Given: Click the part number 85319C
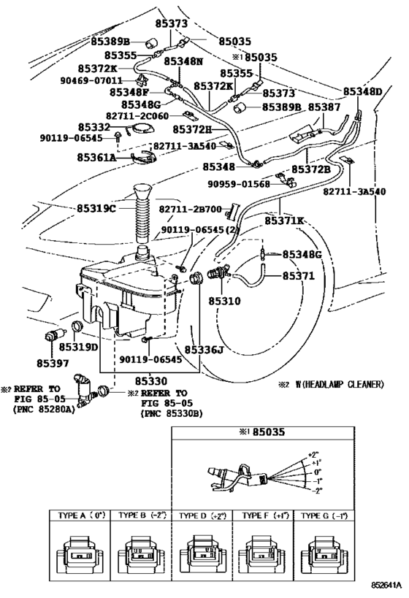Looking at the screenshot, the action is (96, 209).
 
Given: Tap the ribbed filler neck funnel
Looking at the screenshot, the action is (142, 213).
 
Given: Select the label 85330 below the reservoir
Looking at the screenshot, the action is (151, 381).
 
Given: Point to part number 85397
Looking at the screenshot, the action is (53, 364).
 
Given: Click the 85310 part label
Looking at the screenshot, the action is (224, 301).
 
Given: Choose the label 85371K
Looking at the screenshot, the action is (284, 221).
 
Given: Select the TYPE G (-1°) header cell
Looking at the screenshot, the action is (324, 515).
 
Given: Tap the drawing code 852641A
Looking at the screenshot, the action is (387, 585).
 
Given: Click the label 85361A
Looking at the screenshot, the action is (96, 157).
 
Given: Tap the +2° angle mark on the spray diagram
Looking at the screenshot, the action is (313, 455).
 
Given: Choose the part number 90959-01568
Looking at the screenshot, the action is (239, 184).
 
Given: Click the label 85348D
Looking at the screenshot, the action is (362, 91).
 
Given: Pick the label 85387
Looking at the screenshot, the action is (324, 107).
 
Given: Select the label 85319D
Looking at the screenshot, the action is (79, 347).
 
